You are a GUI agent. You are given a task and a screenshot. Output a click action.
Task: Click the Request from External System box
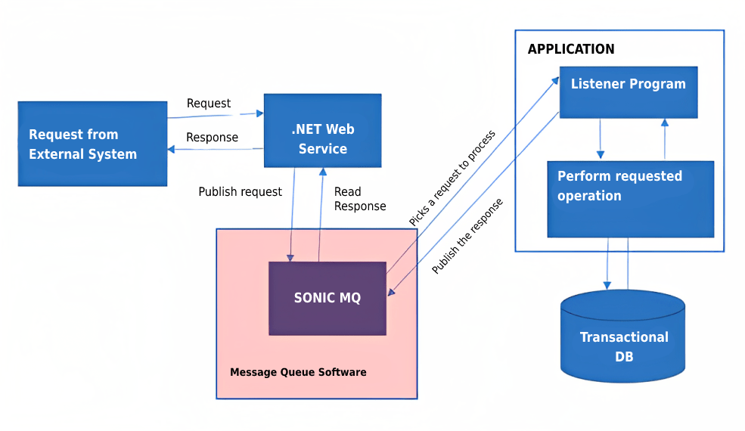92,144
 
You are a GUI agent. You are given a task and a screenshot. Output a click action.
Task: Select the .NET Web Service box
322,131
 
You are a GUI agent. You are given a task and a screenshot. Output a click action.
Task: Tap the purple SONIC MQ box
327,298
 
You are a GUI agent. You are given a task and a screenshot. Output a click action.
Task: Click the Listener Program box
628,91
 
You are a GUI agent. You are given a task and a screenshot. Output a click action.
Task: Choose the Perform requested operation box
630,199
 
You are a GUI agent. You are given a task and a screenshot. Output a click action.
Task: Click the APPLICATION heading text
571,49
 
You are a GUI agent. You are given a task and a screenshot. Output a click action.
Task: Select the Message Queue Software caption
298,372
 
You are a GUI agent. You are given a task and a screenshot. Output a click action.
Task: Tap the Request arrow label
209,104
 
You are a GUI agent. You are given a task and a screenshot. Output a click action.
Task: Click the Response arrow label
212,138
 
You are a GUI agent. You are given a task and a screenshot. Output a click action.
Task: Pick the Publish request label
240,192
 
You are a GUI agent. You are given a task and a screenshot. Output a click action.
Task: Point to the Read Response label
359,199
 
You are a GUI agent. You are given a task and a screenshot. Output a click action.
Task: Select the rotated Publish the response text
467,236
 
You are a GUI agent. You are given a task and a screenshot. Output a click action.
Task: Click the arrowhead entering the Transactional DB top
607,284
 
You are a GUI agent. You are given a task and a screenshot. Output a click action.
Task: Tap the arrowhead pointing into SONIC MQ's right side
390,293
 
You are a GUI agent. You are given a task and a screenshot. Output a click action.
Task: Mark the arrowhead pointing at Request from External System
172,149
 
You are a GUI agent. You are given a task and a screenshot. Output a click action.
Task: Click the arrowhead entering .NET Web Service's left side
259,113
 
